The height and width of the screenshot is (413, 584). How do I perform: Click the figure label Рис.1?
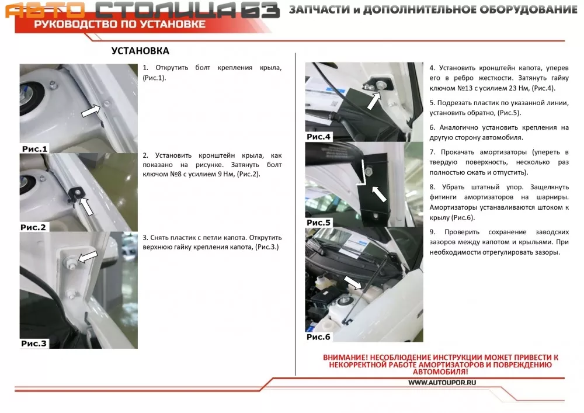pos(34,149)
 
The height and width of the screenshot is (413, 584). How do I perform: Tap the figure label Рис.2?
pos(33,227)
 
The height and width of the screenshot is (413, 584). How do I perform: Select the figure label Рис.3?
pos(34,343)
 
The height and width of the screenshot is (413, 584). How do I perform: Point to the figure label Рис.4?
pos(318,137)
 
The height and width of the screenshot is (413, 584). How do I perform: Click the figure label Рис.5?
pos(318,223)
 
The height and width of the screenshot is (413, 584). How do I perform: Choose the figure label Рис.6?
pos(318,337)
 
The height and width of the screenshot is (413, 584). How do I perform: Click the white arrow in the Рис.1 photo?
pos(91,110)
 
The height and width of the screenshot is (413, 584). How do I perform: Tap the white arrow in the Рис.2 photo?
pos(86,206)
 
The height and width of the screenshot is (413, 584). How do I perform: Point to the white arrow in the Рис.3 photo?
pos(87,256)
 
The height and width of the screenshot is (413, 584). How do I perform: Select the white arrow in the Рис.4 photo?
pos(374,100)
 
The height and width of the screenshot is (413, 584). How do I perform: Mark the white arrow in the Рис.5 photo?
pos(379,194)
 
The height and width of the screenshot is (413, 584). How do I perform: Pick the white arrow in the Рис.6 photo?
pos(353,282)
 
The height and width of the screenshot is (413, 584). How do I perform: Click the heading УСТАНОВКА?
pos(140,51)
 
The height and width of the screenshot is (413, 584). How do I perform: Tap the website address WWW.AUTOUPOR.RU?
pos(442,383)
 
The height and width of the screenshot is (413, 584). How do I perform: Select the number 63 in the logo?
pos(260,10)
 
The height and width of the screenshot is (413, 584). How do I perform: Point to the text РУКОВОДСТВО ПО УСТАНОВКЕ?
pos(120,25)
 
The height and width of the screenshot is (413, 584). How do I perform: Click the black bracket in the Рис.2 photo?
pos(77,194)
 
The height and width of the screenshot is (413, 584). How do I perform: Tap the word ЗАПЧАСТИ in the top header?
pos(320,10)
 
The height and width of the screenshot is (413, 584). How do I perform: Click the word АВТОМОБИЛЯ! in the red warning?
pos(440,372)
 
